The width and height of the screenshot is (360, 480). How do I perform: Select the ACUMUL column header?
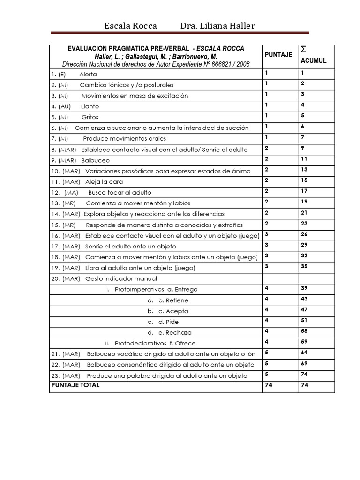click(x=314, y=61)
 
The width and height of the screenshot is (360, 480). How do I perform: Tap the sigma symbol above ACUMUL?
click(x=304, y=49)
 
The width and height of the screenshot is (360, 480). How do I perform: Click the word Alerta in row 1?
click(x=88, y=74)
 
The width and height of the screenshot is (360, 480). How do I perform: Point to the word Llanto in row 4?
click(x=90, y=106)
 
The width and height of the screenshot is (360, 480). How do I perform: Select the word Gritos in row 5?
click(x=90, y=117)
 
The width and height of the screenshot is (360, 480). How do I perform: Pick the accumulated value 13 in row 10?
click(x=304, y=169)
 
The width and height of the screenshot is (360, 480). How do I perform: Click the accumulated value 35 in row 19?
click(x=304, y=266)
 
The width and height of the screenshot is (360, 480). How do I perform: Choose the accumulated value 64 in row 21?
click(x=304, y=352)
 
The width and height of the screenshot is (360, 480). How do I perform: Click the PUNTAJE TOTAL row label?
click(x=75, y=385)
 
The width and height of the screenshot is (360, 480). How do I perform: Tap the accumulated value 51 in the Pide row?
click(x=304, y=320)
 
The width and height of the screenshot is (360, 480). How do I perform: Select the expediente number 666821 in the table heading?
click(x=227, y=64)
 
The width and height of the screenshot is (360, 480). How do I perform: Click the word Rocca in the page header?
click(x=145, y=26)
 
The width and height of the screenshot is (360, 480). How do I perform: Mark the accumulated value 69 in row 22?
click(x=304, y=363)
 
